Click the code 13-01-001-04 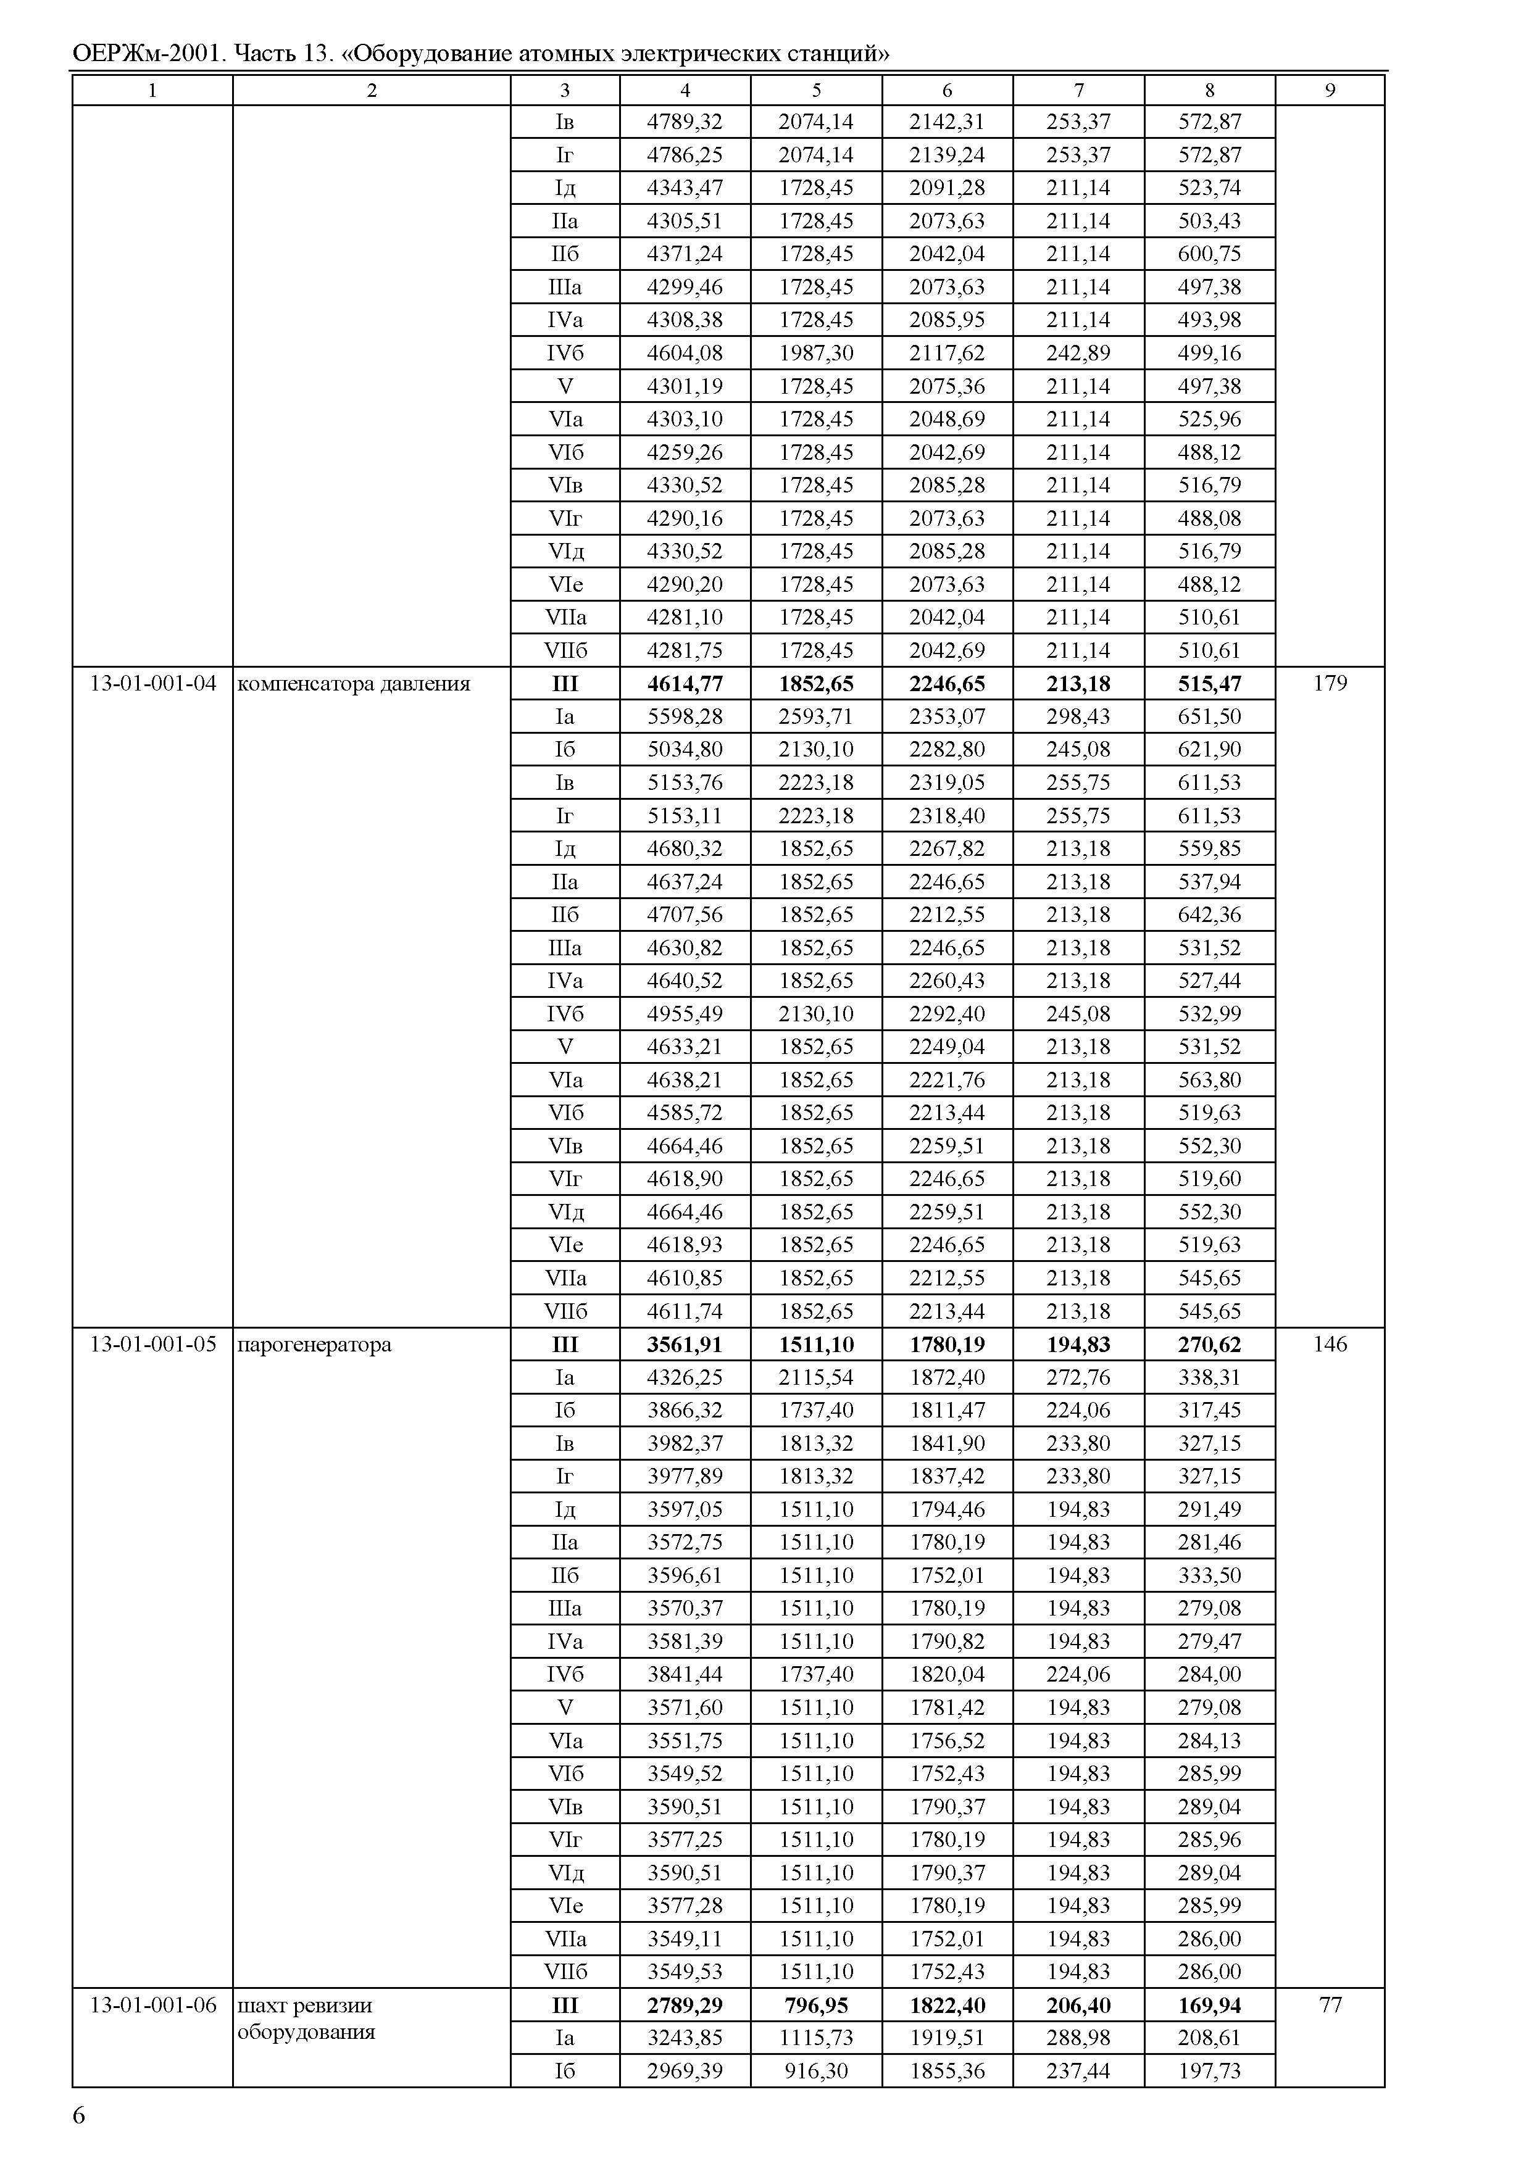tap(152, 683)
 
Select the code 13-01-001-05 tap(152, 1343)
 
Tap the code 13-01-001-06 tap(152, 2004)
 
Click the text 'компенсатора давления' tap(353, 683)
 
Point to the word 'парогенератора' tap(314, 1343)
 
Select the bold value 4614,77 tap(685, 683)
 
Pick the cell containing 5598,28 tap(685, 716)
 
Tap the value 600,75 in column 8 tap(1209, 254)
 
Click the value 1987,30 tap(816, 353)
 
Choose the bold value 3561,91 tap(685, 1343)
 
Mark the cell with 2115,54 tap(816, 1377)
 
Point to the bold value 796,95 tap(816, 2004)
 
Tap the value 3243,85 tap(685, 2037)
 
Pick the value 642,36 tap(1209, 914)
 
